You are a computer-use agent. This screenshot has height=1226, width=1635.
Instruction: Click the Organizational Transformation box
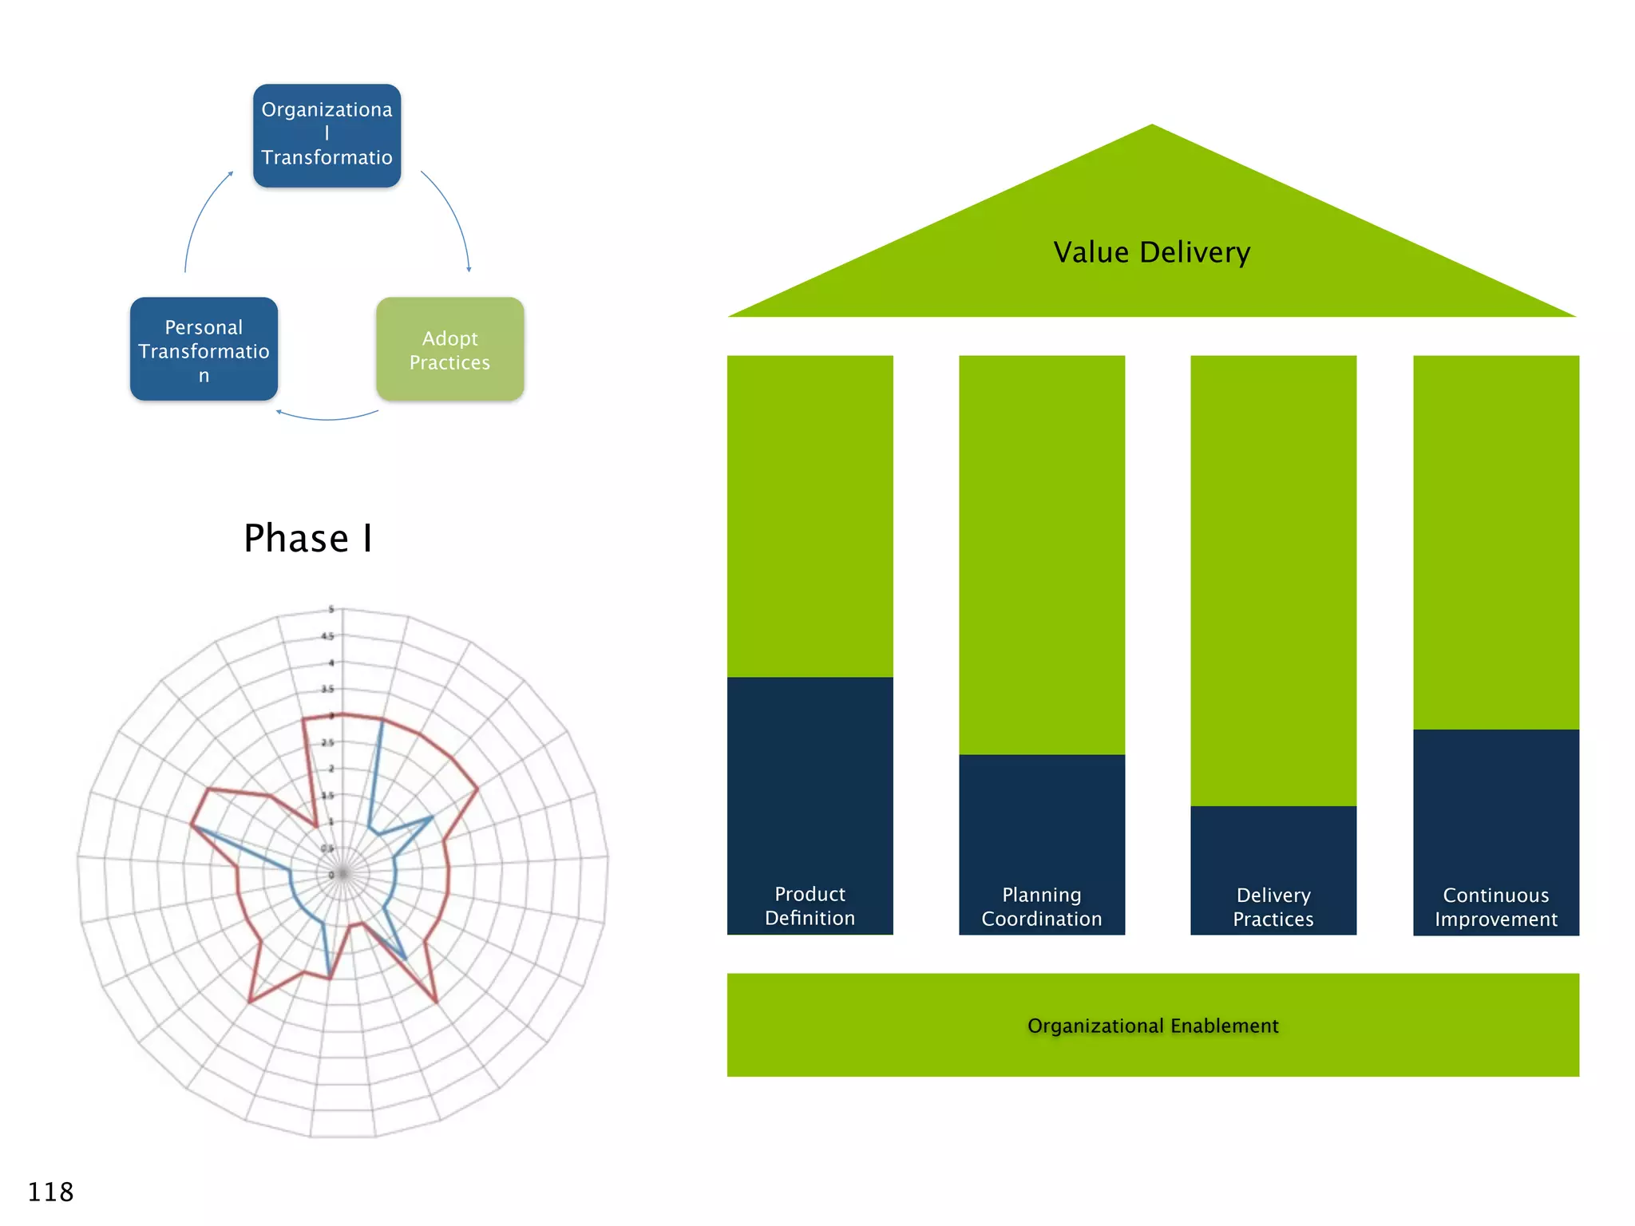(327, 136)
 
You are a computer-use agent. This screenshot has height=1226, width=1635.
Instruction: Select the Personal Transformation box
(204, 350)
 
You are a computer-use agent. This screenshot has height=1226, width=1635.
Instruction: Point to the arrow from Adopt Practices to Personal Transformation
(327, 417)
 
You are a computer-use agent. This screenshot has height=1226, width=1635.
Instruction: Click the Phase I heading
(307, 538)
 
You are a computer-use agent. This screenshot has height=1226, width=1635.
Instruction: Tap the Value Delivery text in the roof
(1151, 252)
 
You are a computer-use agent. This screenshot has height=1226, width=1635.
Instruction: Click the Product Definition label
(810, 906)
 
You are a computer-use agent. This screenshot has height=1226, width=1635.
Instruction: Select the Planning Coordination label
(1041, 907)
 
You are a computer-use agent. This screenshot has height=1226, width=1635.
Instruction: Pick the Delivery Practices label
(1273, 908)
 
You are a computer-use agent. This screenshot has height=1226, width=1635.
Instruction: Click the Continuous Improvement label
(1495, 908)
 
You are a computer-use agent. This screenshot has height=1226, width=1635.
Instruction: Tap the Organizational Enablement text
(1152, 1026)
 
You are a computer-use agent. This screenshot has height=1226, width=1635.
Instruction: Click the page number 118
(50, 1192)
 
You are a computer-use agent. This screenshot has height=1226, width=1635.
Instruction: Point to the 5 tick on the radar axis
(331, 609)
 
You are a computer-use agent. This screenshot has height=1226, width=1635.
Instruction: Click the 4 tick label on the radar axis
(331, 662)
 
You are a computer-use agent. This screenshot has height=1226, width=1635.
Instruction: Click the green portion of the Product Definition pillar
(810, 516)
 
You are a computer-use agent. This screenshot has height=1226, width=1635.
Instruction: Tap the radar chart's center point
(342, 874)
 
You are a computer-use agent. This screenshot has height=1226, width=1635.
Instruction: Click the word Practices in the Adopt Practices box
(449, 362)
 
